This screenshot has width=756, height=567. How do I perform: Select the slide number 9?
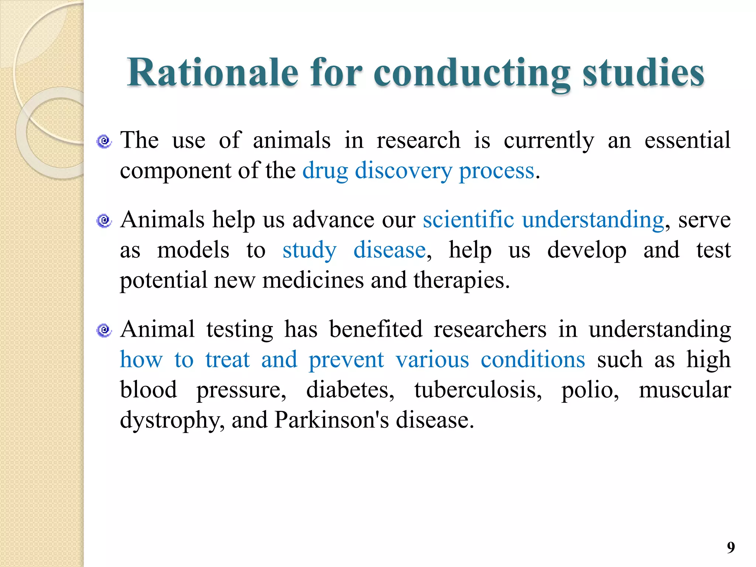pos(731,547)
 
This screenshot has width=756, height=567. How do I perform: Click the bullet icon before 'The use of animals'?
pos(104,141)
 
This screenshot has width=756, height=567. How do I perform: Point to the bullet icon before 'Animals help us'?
pos(104,221)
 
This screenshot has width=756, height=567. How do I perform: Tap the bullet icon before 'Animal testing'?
pos(104,330)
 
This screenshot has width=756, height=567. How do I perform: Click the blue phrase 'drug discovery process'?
pos(418,171)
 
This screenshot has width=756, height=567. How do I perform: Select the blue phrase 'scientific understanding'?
pos(543,220)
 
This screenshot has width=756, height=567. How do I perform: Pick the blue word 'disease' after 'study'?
pos(389,250)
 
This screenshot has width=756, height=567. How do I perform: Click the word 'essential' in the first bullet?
pos(687,141)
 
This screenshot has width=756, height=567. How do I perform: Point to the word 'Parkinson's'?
pos(331,420)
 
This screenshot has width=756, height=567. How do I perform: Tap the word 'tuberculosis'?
pos(478,390)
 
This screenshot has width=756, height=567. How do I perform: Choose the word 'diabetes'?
pos(350,390)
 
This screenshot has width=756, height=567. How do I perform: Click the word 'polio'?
pos(590,390)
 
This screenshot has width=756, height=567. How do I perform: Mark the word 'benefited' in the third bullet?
pos(375,329)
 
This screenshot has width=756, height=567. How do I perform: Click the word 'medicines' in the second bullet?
pos(313,280)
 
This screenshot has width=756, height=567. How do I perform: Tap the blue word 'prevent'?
pos(346,360)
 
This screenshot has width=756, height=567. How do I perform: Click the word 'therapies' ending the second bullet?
pos(461,281)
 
